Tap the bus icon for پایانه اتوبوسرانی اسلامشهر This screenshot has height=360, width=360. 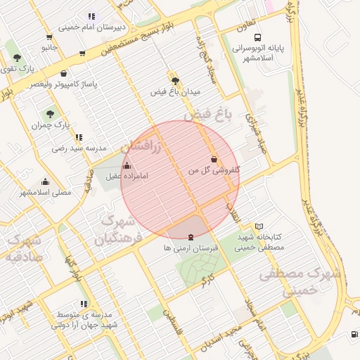tap(258, 37)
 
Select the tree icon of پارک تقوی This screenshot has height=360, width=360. tap(17, 58)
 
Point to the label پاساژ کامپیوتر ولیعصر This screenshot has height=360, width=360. tap(63, 84)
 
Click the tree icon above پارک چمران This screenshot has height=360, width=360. tap(50, 113)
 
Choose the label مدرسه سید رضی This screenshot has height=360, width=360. tap(79, 148)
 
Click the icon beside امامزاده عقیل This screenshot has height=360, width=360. tap(127, 166)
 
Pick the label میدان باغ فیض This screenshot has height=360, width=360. tap(176, 91)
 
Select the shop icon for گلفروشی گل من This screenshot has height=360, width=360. tap(213, 159)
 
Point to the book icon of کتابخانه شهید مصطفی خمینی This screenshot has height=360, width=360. tap(259, 226)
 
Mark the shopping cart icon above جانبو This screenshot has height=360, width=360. tap(49, 37)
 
